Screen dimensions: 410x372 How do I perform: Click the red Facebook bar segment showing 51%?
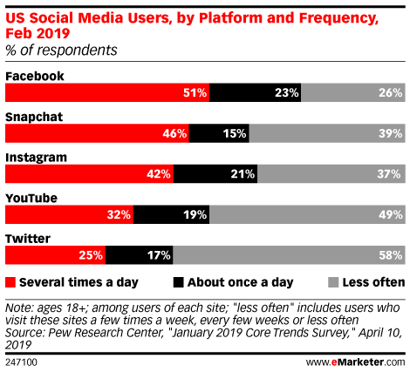107,92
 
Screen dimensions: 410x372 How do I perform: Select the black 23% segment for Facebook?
256,92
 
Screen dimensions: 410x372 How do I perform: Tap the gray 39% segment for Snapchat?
327,133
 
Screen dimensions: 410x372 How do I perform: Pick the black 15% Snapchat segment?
219,133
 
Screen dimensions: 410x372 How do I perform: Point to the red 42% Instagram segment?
89,174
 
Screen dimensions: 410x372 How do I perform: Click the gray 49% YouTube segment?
307,214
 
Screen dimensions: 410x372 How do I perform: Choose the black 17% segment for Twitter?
140,255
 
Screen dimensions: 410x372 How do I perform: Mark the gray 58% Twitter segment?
289,255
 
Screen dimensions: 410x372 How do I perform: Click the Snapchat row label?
34,117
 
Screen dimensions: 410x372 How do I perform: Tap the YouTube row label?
31,198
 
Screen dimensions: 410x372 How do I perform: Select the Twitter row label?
28,239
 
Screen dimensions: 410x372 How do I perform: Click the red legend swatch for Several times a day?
10,282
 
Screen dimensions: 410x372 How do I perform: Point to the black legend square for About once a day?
178,282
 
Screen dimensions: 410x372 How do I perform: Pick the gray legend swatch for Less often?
333,282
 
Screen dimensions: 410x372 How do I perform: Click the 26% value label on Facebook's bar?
391,93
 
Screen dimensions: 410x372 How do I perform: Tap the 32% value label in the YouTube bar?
119,215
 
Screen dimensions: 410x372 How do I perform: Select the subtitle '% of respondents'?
61,51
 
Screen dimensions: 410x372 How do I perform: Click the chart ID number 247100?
21,362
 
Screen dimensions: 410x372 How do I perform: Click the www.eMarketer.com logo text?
355,362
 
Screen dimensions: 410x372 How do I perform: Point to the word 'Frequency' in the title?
338,18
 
